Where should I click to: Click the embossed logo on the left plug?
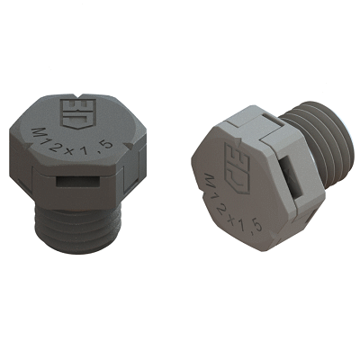(x=78, y=112)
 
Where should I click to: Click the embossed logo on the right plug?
(x=238, y=167)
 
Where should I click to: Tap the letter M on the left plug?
(x=38, y=133)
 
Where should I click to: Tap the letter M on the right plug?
(x=210, y=181)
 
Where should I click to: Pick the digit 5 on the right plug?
(x=256, y=226)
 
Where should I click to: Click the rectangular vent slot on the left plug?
(x=78, y=182)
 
